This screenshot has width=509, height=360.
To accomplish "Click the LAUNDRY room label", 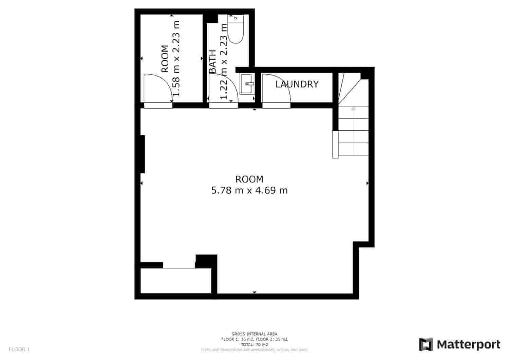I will pyautogui.click(x=297, y=84).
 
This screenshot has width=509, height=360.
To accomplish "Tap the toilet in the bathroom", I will pyautogui.click(x=235, y=30).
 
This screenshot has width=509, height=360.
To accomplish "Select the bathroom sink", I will pyautogui.click(x=247, y=84).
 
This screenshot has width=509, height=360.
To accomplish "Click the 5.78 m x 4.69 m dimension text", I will pyautogui.click(x=249, y=190).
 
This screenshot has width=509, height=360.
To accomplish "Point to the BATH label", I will pyautogui.click(x=213, y=61).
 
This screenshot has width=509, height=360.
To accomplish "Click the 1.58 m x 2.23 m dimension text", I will pyautogui.click(x=176, y=58).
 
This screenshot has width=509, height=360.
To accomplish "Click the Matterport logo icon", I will pyautogui.click(x=426, y=344).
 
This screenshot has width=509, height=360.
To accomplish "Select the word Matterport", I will pyautogui.click(x=468, y=345).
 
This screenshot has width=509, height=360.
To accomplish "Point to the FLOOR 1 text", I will pyautogui.click(x=19, y=349).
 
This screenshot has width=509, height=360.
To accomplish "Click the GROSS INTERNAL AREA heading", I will pyautogui.click(x=254, y=334).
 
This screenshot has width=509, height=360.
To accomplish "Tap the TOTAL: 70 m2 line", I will pyautogui.click(x=254, y=344).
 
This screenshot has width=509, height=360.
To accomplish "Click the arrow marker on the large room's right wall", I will pyautogui.click(x=367, y=183).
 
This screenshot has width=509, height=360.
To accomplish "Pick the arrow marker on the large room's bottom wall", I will pyautogui.click(x=254, y=292).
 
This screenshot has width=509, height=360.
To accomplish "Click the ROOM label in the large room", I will pyautogui.click(x=249, y=179).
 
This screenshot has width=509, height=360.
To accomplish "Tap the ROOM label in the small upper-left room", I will pyautogui.click(x=165, y=59).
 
